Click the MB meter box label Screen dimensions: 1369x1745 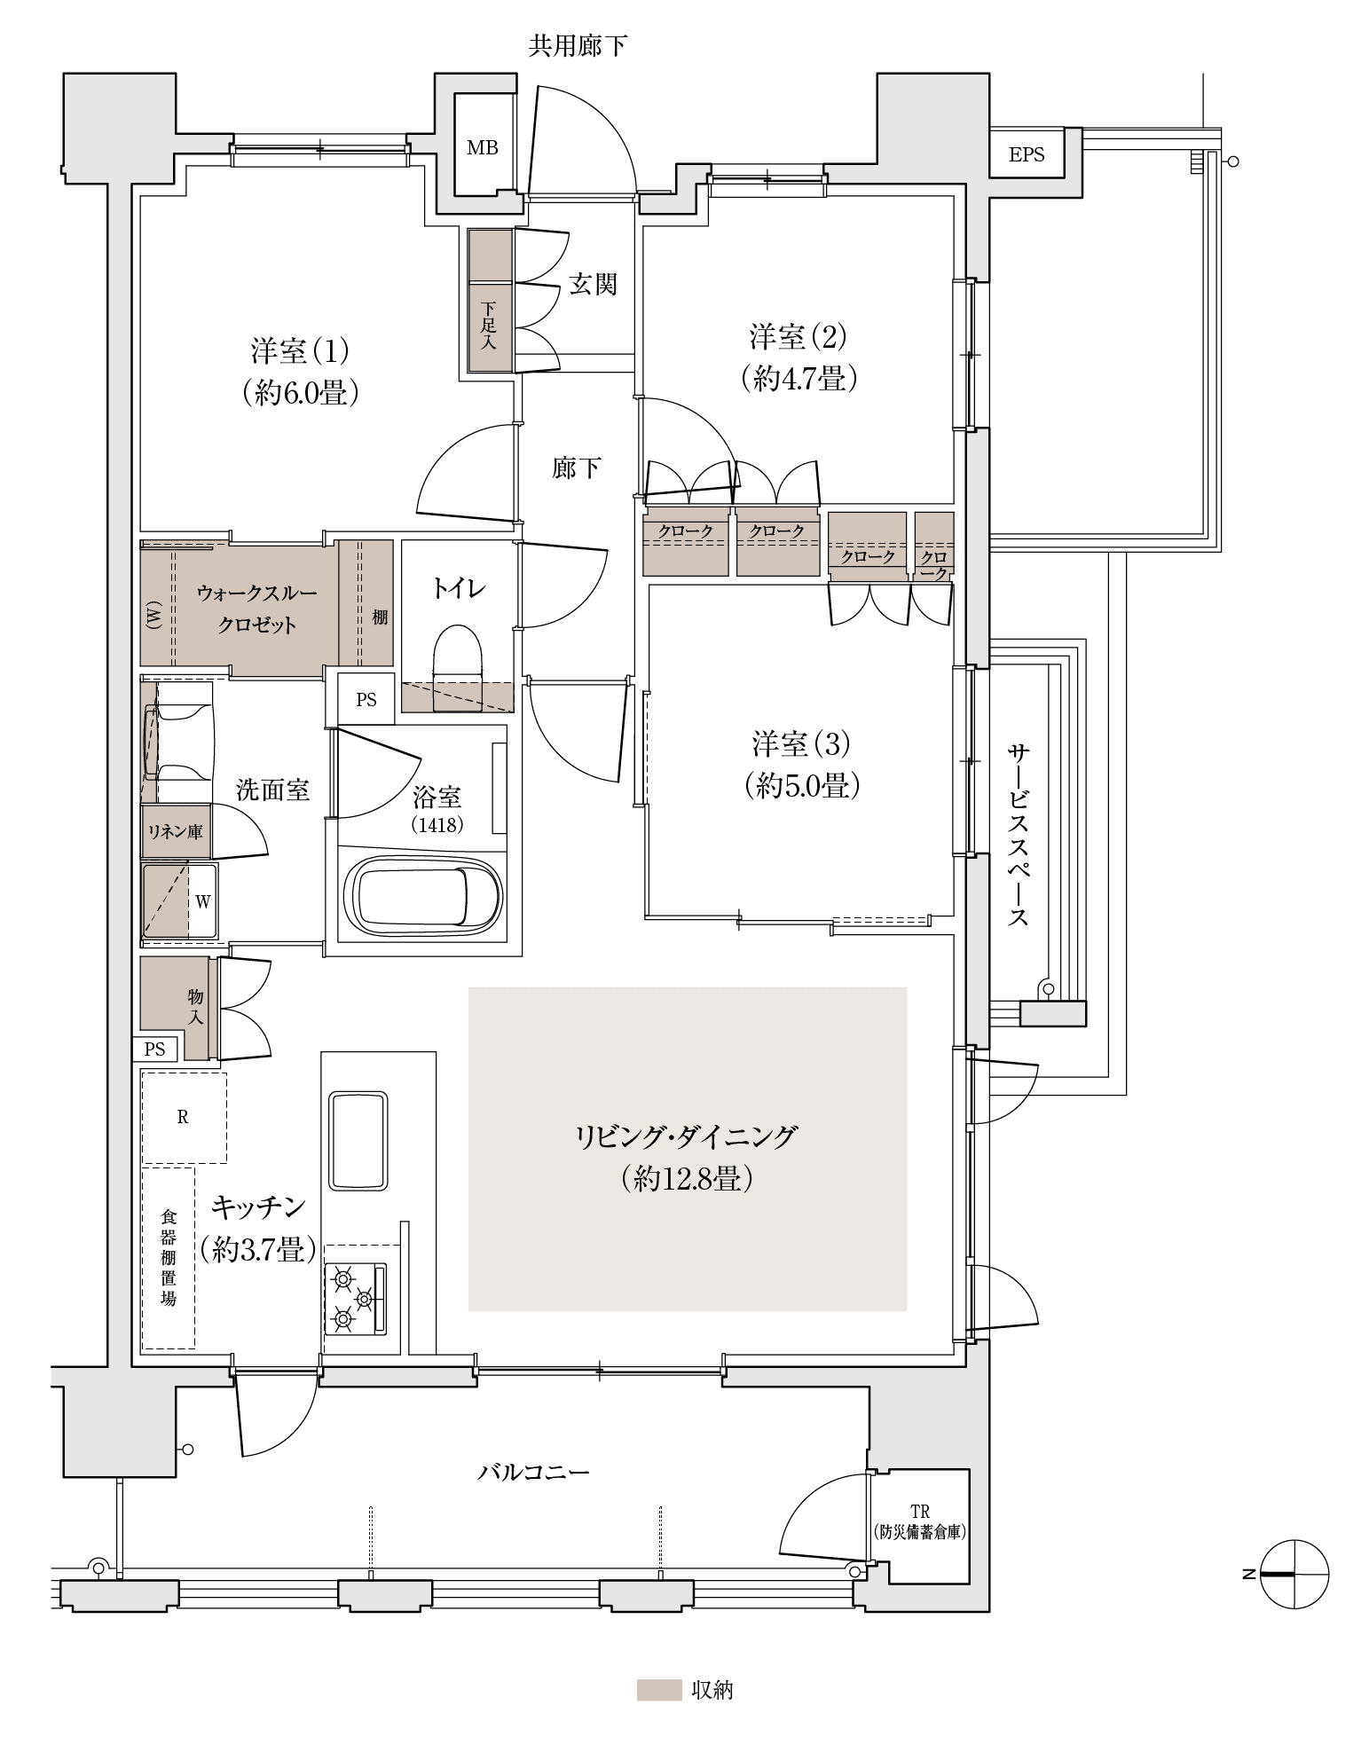coord(483,148)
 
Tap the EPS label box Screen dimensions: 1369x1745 coord(1027,154)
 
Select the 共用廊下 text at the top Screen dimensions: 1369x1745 coord(578,46)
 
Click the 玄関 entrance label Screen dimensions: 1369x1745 coord(593,284)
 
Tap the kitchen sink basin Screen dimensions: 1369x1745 coord(358,1140)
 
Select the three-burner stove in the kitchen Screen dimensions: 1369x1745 coord(357,1300)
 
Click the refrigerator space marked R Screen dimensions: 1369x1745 coord(184,1117)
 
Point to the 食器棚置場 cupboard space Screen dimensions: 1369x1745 coord(168,1258)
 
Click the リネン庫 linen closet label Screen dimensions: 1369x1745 coord(176,831)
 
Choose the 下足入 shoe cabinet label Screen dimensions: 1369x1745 coord(489,326)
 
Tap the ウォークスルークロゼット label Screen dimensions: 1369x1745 coord(257,609)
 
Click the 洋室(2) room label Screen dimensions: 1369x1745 coord(799,337)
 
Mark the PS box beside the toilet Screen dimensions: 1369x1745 coord(366,700)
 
